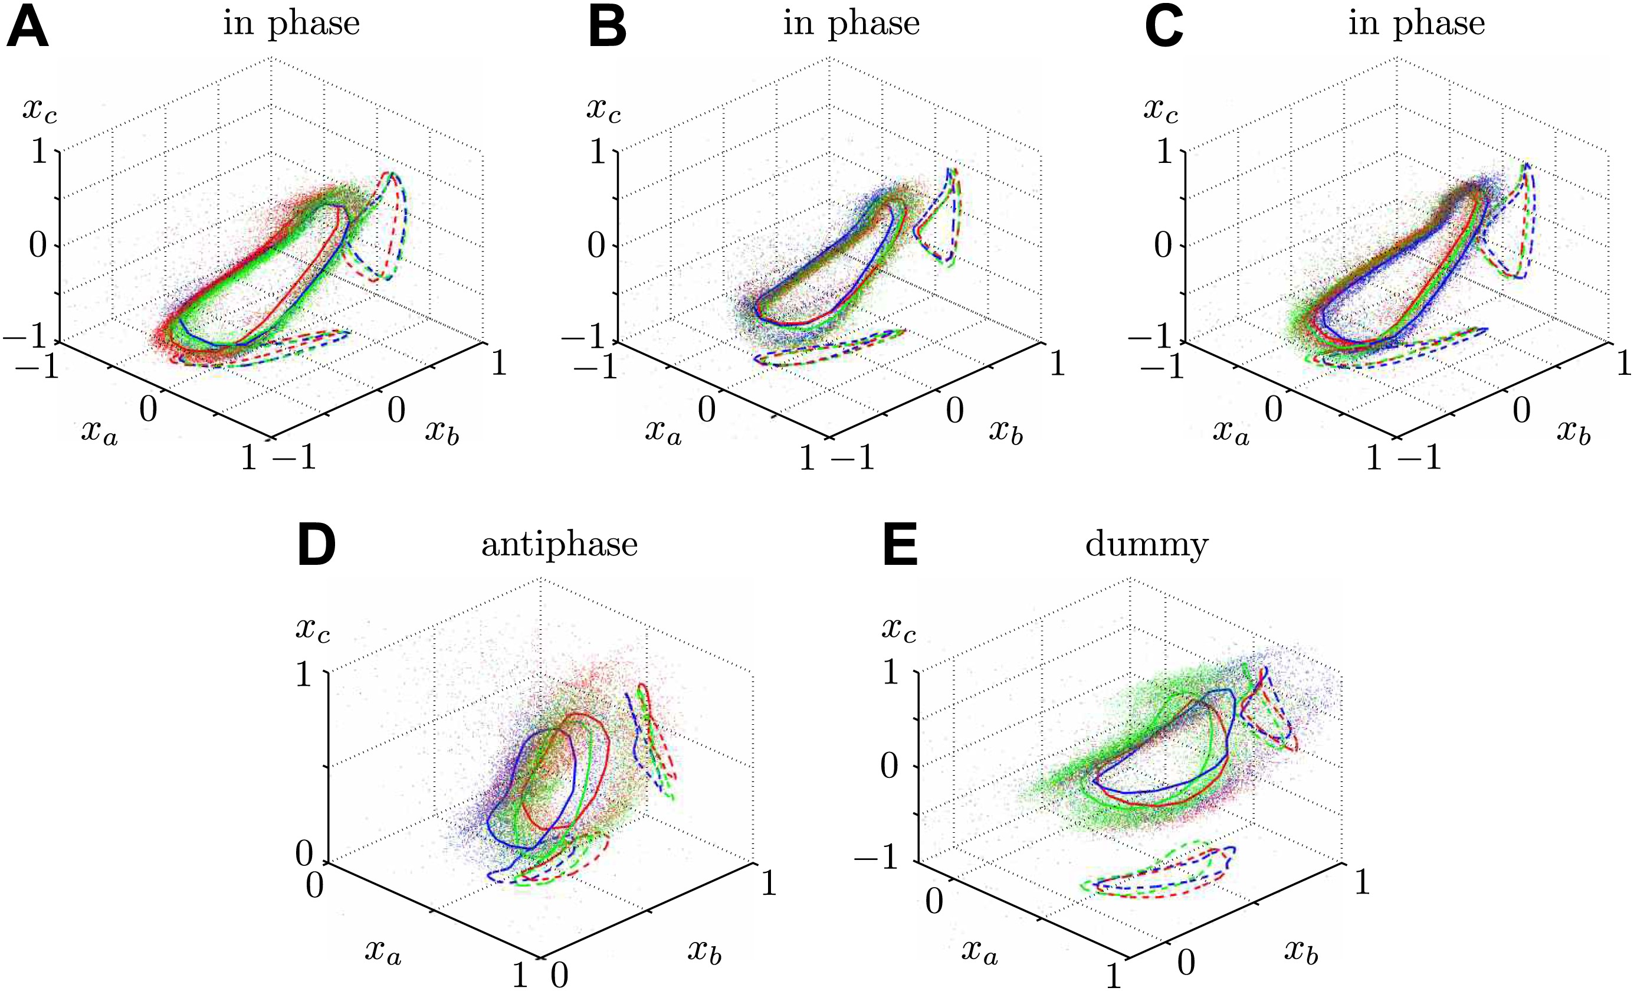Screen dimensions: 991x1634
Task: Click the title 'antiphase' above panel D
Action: point(559,545)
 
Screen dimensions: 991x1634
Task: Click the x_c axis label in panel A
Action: point(40,109)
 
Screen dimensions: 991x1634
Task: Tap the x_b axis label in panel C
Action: point(1574,433)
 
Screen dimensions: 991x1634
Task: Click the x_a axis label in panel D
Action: point(383,953)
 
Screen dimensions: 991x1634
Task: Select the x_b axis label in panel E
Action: point(1301,953)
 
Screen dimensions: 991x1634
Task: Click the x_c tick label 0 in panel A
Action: point(38,246)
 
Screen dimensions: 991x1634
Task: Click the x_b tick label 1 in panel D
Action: point(769,884)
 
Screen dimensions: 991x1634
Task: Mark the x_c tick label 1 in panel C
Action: point(1164,152)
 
